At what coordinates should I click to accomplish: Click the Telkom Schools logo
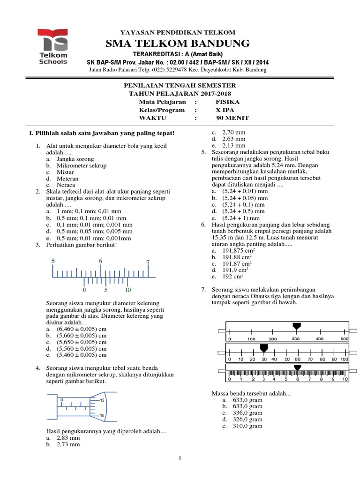click(x=53, y=45)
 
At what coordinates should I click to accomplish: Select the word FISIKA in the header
click(x=227, y=102)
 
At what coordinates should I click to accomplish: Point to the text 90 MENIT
click(x=229, y=118)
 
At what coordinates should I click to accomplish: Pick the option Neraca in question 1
click(x=66, y=185)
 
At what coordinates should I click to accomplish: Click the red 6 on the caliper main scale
click(x=100, y=261)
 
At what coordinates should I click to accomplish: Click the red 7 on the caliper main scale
click(x=148, y=262)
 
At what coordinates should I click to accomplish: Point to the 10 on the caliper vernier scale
click(x=127, y=290)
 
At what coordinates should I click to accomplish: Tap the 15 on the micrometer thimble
click(x=102, y=400)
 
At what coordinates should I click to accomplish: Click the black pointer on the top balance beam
click(x=296, y=326)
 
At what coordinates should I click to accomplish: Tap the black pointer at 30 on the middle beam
click(x=263, y=348)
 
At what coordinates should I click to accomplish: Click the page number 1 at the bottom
click(x=180, y=459)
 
